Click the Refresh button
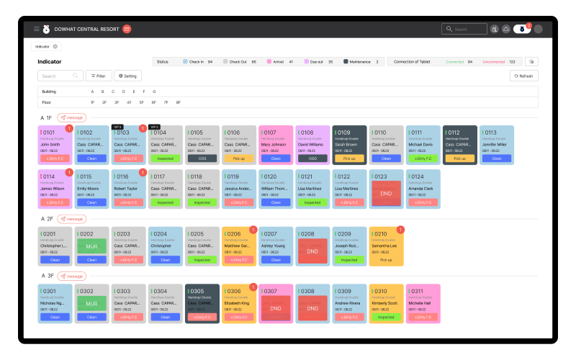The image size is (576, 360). pos(523,76)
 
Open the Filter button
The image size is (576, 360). pos(98,76)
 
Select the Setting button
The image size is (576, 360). pos(128,76)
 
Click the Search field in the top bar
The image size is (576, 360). pos(466,29)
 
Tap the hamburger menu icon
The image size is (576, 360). pos(37,29)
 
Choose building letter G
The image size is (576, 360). pos(154,91)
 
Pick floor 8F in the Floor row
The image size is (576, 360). pos(179,102)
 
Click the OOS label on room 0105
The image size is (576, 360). pos(202,158)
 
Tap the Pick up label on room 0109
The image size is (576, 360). pos(349,158)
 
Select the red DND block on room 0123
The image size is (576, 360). pos(386,194)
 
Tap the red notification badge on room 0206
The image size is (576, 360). pos(253,230)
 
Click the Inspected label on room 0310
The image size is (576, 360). pos(386,317)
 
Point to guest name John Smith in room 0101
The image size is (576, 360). pos(50,145)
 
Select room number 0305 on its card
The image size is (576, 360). pos(197,292)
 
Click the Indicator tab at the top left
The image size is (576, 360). pos(43,46)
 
